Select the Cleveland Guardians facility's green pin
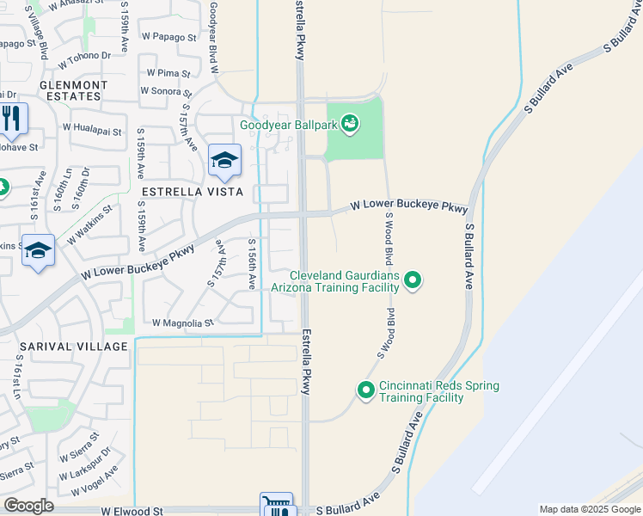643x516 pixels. tap(413, 279)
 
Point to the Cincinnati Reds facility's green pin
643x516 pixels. tap(365, 390)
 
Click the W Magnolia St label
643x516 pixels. tap(181, 323)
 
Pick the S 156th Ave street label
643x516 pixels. tap(253, 264)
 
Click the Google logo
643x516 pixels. tap(28, 506)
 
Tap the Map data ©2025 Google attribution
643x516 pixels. tap(589, 509)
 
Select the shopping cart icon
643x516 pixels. tap(277, 507)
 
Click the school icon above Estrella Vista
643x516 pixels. tap(224, 160)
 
